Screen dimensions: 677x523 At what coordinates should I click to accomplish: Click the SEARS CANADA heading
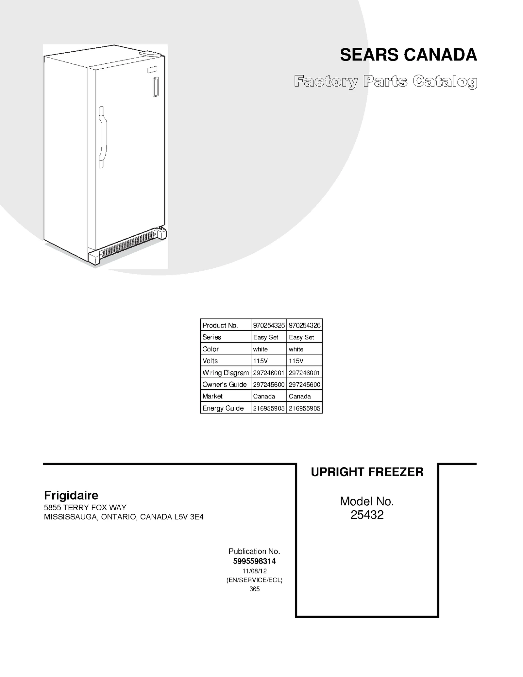click(x=408, y=55)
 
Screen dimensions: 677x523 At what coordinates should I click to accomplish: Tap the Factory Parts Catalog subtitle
click(x=385, y=81)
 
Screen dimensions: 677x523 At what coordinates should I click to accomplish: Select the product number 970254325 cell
click(x=269, y=325)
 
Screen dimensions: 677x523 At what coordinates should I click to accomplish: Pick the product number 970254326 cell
click(x=305, y=325)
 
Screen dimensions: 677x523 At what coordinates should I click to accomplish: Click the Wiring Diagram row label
click(x=226, y=373)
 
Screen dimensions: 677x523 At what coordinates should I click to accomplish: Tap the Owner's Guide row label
click(x=225, y=384)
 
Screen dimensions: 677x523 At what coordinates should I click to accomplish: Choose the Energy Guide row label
click(x=223, y=408)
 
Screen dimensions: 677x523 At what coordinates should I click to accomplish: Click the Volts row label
click(x=210, y=361)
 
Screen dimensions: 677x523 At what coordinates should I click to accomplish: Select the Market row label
click(x=212, y=396)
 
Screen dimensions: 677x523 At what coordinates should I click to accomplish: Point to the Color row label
click(x=211, y=349)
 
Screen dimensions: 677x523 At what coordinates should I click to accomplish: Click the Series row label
click(x=212, y=337)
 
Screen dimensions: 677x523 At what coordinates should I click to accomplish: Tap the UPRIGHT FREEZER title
click(x=367, y=472)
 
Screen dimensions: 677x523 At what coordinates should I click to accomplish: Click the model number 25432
click(x=367, y=515)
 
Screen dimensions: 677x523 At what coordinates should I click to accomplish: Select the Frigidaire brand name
click(x=71, y=495)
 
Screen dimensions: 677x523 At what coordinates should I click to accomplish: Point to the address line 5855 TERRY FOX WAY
click(x=85, y=508)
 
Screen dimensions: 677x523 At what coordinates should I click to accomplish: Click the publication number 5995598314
click(x=254, y=561)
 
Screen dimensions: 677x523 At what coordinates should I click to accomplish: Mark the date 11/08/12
click(x=254, y=571)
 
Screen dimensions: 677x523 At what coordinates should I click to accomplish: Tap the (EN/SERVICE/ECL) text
click(x=254, y=580)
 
